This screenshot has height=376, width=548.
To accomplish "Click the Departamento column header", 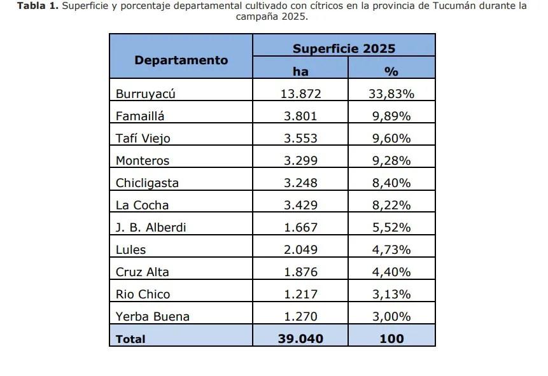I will coord(181,60).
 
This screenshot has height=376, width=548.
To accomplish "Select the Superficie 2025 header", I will coord(344,48).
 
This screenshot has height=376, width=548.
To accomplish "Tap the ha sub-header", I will coord(300,71).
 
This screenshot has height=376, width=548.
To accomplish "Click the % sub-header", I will coord(391,71).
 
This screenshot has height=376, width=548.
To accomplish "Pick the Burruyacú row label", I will coord(145,94).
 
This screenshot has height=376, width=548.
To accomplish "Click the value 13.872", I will coord(300,94).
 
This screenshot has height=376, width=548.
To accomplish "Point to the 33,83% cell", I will coord(391,94).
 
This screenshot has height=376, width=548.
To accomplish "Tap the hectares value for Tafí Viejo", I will coord(300,139).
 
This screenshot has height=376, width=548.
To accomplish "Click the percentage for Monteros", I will coord(391,161).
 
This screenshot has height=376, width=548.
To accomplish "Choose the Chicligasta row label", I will coord(147,183).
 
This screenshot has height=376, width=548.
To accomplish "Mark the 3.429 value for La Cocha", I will coord(300,205).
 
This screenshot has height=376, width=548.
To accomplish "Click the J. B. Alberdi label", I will coord(151,228).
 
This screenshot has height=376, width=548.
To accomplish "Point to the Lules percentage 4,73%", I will coord(391,250).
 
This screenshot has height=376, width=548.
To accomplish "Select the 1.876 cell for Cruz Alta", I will coord(300,272).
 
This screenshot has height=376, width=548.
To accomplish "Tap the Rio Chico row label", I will coord(143,295).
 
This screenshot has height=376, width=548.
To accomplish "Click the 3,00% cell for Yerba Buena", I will coord(391,317).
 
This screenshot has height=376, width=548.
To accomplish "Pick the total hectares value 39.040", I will coord(300,339).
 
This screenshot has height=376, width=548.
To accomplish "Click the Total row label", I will coord(130,339).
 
